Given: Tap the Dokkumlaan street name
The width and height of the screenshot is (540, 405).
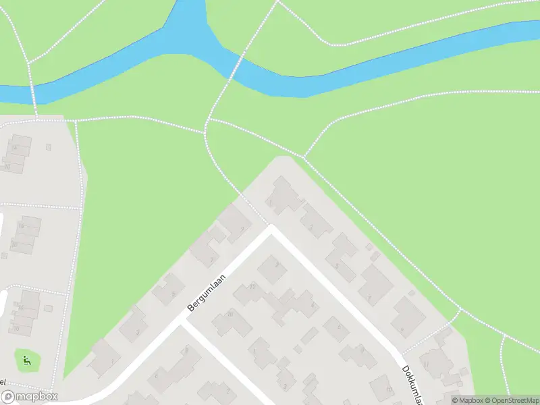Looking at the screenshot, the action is click(411, 385).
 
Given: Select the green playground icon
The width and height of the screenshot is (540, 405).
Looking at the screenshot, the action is click(26, 360).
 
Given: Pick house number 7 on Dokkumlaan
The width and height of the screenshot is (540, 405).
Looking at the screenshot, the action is click(374, 284).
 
